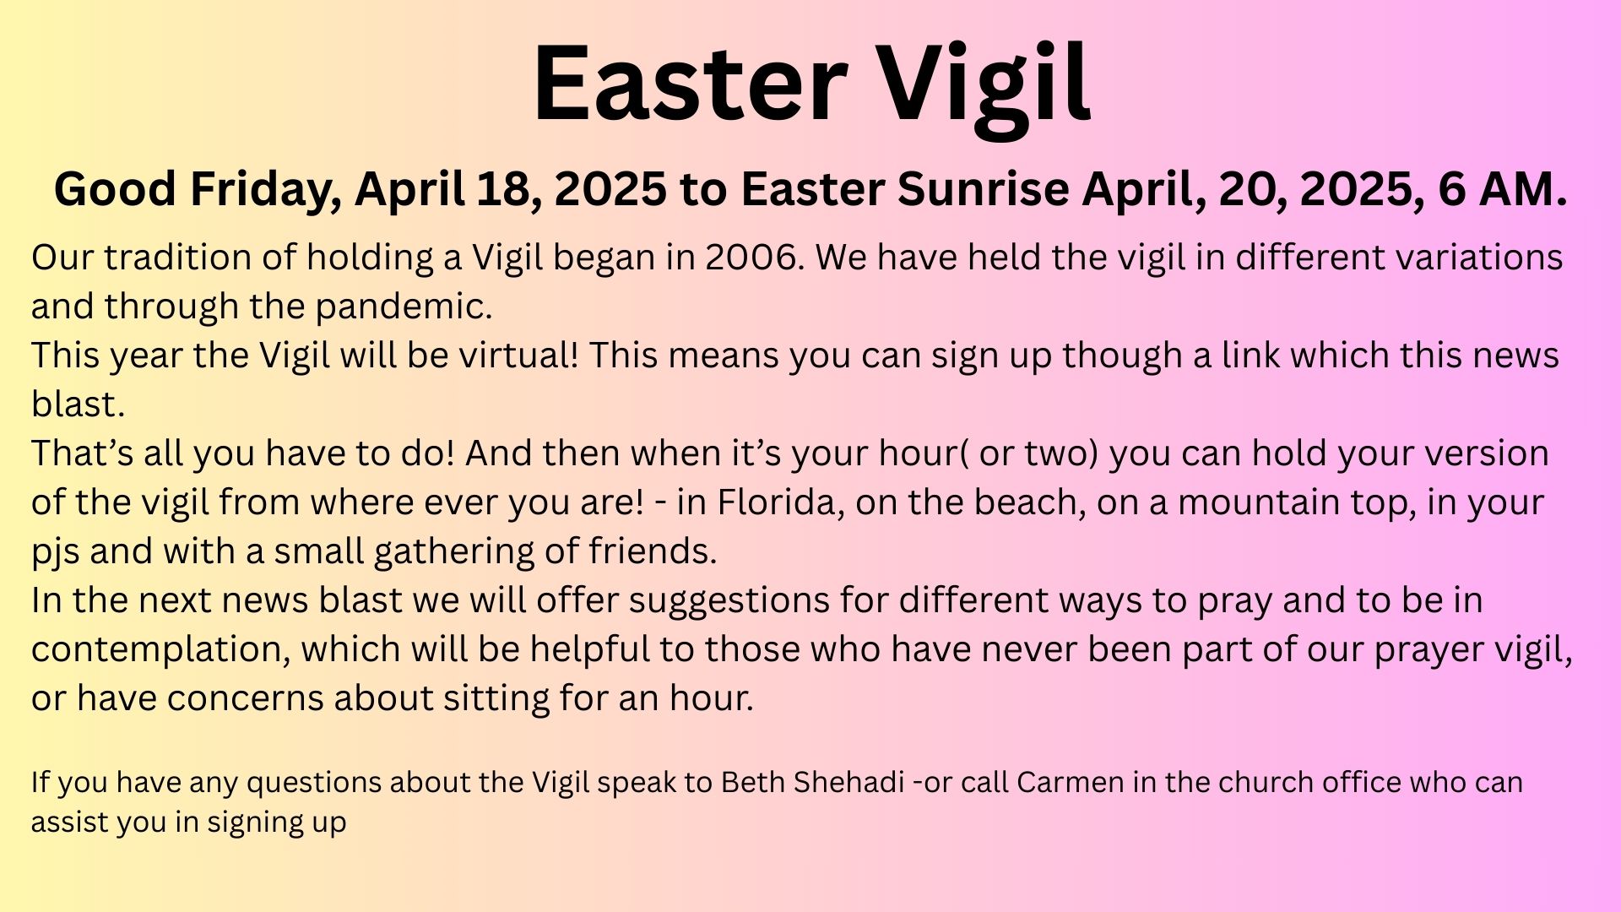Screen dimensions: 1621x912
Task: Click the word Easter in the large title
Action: click(x=690, y=83)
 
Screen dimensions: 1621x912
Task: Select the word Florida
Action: click(x=780, y=502)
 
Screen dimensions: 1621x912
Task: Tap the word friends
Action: click(x=653, y=551)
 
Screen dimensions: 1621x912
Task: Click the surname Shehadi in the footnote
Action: click(x=851, y=782)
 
